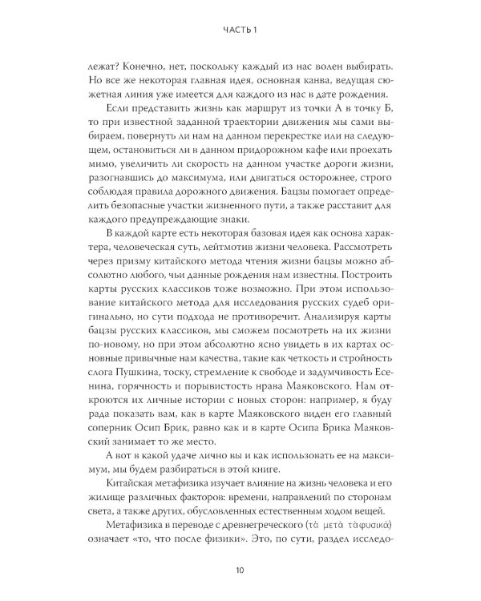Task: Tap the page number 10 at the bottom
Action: click(240, 570)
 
